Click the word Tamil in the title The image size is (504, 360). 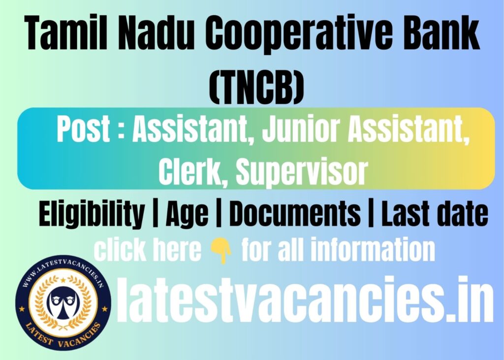(x=66, y=33)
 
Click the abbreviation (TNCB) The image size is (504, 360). (x=256, y=87)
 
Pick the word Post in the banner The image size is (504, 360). (x=84, y=130)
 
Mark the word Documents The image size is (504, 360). (x=295, y=213)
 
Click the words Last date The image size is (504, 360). (x=435, y=213)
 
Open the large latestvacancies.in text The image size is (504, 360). (x=305, y=299)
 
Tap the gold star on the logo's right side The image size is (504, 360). (x=105, y=309)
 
